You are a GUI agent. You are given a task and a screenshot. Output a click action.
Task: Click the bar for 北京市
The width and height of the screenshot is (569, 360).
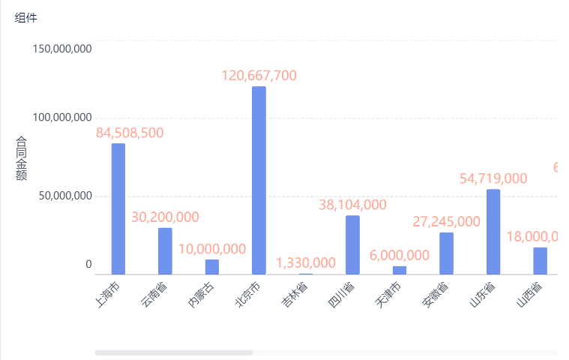(259, 180)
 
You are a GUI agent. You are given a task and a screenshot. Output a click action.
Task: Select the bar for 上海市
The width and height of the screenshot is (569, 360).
(118, 208)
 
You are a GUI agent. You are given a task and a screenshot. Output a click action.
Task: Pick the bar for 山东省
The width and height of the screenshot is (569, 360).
(493, 232)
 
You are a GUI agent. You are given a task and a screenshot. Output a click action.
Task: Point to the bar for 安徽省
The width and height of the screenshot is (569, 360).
(446, 253)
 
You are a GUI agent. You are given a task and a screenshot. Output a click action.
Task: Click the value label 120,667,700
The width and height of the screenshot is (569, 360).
(259, 76)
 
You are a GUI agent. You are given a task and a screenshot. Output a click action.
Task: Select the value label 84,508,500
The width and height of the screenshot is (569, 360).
(130, 133)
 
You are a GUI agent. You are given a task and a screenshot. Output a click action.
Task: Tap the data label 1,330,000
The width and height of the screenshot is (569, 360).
(306, 262)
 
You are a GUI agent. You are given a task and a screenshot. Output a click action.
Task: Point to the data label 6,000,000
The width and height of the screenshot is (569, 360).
(400, 255)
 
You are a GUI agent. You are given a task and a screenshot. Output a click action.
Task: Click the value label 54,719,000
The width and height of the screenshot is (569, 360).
(493, 178)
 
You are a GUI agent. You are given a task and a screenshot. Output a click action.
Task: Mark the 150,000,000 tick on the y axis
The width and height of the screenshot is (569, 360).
(62, 49)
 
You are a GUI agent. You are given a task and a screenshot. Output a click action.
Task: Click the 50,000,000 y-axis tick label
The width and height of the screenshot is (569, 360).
(65, 196)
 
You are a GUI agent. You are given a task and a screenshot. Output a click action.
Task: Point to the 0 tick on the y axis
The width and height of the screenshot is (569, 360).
(88, 264)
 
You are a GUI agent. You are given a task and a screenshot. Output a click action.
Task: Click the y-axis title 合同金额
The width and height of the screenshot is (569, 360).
(21, 158)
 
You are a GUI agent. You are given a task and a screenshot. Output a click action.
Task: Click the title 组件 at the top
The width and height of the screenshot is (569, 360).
(25, 17)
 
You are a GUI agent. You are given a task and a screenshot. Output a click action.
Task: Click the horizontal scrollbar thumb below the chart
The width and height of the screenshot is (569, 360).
(173, 352)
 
